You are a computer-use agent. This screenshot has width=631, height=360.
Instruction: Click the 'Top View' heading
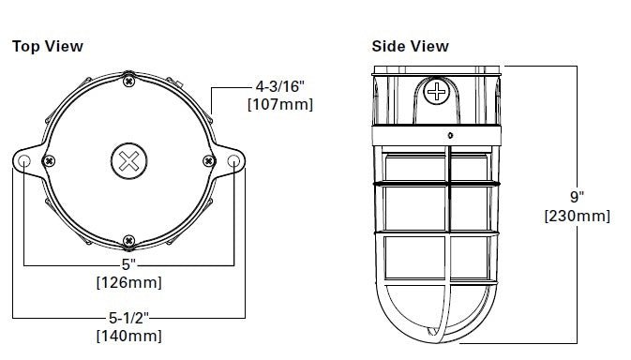(48, 46)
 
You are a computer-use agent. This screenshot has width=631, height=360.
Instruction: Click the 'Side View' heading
(410, 46)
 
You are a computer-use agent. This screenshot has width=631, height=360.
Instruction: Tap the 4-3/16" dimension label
(280, 86)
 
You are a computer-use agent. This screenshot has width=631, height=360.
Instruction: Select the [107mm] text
(280, 104)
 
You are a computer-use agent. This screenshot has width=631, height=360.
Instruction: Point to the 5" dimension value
(128, 264)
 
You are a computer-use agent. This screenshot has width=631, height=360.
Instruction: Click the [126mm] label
(129, 282)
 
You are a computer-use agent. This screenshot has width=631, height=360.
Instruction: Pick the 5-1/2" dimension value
(128, 318)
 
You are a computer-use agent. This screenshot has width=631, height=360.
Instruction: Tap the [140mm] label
(129, 336)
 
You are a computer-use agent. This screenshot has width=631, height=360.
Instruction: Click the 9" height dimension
(577, 197)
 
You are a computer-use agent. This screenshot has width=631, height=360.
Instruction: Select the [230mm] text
(577, 216)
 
